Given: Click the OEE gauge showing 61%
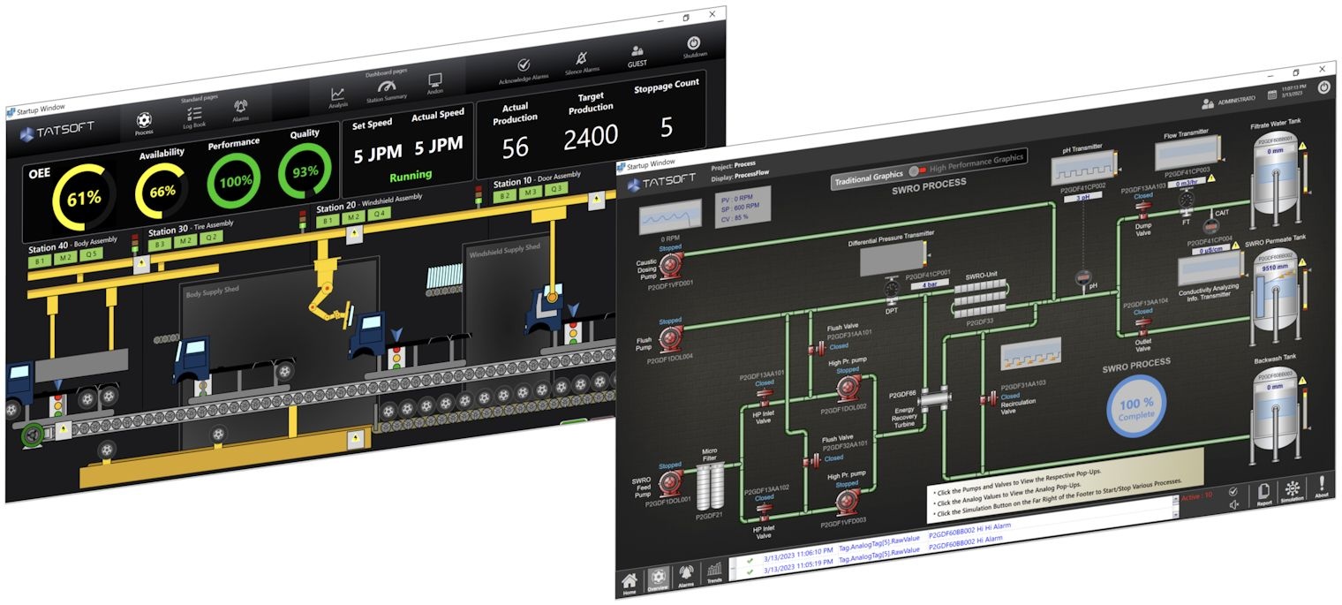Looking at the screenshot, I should pos(83,199).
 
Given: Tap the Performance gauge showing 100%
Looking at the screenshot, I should pos(235,181).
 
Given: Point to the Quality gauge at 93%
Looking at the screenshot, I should pos(305,171).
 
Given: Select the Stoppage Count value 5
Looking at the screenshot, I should pos(667,127).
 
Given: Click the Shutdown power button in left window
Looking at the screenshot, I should pos(694,43).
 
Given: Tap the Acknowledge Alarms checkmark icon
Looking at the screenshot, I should pos(524,65).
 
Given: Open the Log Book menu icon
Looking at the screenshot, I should pos(194,115).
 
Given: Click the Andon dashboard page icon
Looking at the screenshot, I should pos(435,81).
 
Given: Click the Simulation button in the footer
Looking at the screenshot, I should pos(1293,490).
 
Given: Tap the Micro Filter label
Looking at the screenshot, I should pos(710,455).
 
